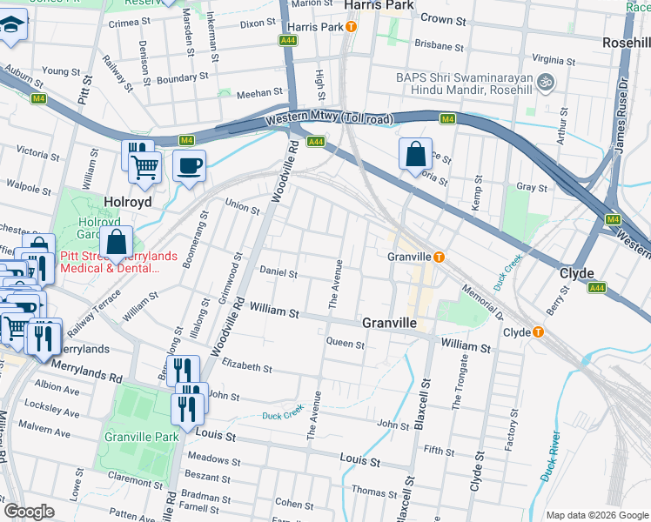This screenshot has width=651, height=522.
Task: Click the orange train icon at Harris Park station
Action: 351,27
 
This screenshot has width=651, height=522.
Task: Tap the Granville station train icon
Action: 440,257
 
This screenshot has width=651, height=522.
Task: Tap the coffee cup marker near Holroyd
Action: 189,165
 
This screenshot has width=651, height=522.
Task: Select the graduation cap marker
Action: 11,24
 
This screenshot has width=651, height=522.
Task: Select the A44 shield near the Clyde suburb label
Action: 596,287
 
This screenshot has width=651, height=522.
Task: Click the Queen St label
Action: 345,344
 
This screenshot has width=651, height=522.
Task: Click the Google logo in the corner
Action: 30,511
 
